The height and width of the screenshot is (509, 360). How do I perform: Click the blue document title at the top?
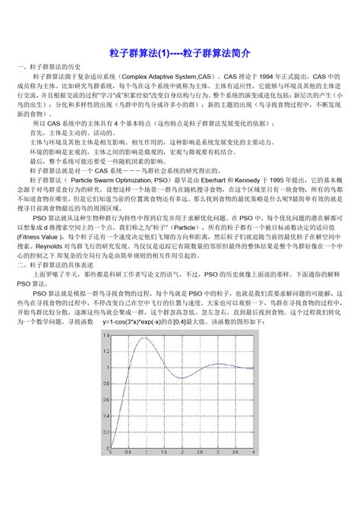click(x=180, y=55)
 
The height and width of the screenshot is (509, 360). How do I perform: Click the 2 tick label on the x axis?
click(x=182, y=453)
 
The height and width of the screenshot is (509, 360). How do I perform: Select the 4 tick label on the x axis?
click(x=254, y=453)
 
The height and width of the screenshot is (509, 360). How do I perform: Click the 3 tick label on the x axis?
click(x=218, y=453)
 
